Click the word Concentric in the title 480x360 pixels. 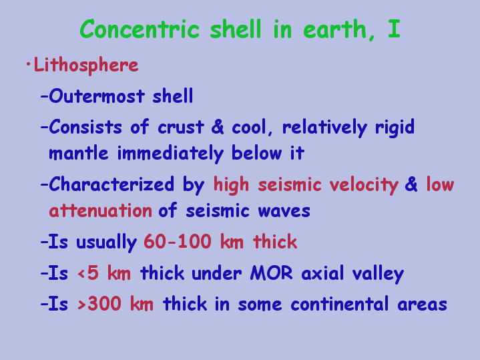tap(140, 29)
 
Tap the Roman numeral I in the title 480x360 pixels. tap(394, 29)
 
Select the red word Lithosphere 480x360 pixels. tap(86, 65)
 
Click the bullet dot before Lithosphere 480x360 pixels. tap(29, 64)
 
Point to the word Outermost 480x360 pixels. tap(97, 96)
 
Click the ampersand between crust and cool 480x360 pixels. tap(218, 126)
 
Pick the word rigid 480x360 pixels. tap(395, 128)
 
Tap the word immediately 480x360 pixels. tap(171, 153)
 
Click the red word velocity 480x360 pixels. tap(364, 185)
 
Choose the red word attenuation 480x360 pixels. tap(100, 210)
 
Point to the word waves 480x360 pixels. tap(284, 212)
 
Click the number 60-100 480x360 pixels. tap(178, 241)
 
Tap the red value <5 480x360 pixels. tap(89, 273)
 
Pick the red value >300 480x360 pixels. tap(99, 304)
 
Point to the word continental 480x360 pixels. tap(340, 304)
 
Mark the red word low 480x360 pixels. tap(440, 184)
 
